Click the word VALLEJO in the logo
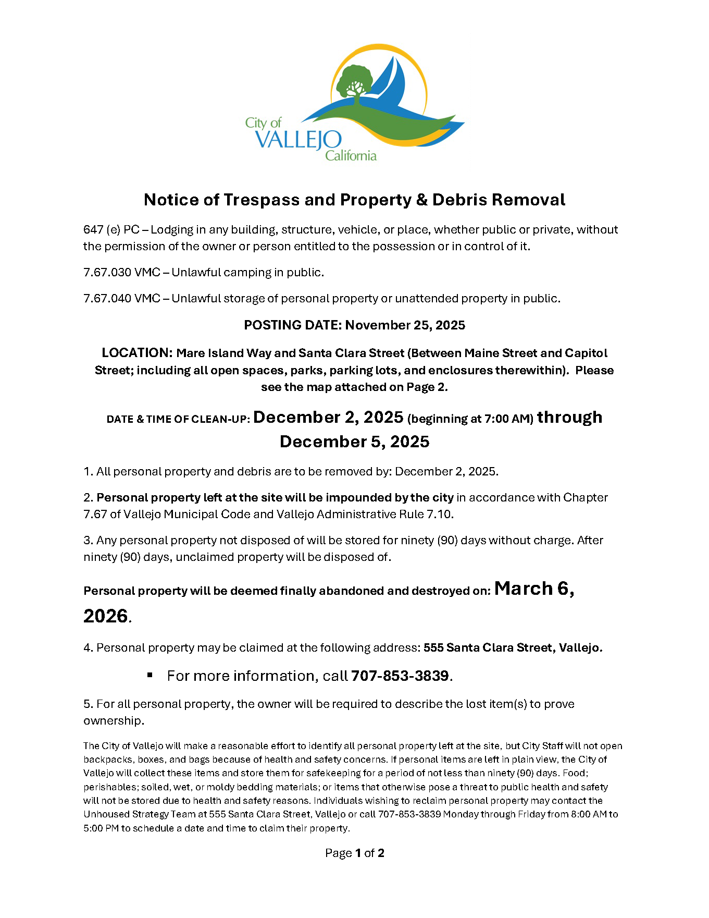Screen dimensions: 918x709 298,140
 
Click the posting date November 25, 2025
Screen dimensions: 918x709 405,325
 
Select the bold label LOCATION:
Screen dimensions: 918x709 137,353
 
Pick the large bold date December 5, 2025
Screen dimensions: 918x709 354,442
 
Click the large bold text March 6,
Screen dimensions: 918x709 534,589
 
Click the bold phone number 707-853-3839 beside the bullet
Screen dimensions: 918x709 400,676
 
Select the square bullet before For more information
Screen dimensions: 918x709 150,675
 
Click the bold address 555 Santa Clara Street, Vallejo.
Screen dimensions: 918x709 513,648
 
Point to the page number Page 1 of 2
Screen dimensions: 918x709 354,853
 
